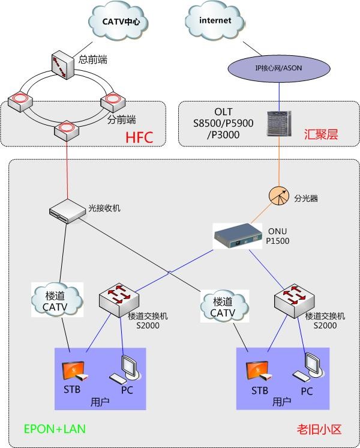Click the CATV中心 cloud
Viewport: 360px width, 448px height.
pos(118,22)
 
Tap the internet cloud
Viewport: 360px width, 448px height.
pos(215,20)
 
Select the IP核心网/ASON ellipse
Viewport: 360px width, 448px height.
pos(278,68)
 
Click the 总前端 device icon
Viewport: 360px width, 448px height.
pos(63,65)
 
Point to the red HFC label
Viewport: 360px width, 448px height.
pos(139,138)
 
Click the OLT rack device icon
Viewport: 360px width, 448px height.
pos(279,124)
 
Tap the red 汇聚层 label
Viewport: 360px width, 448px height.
pos(321,135)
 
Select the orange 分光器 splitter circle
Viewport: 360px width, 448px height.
pos(279,196)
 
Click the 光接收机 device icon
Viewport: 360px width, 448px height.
pos(67,211)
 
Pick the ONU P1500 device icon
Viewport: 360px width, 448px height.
pos(238,236)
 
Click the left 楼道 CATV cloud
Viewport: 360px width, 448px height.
pos(57,300)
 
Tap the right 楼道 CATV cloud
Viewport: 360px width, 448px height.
pos(224,306)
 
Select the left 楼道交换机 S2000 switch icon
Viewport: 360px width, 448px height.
pos(119,300)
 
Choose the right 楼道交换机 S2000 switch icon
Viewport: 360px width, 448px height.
pos(295,301)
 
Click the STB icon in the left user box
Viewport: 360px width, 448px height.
pos(75,371)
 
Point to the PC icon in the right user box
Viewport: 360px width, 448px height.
pos(308,367)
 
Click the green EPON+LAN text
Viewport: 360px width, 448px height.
pos(55,429)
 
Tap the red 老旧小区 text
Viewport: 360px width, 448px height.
pos(319,429)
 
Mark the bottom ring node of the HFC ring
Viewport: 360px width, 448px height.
pos(67,130)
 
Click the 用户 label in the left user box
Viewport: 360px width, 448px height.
pos(100,402)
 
